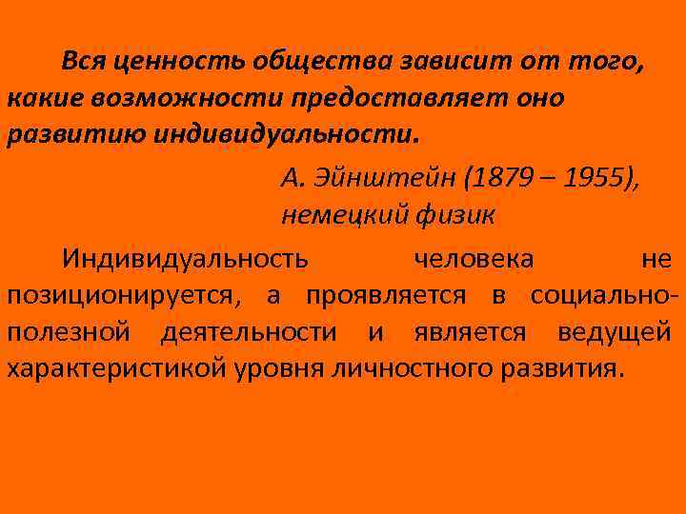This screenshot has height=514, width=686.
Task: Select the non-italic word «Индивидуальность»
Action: pos(185,258)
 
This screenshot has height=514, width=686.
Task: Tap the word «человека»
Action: pos(474,258)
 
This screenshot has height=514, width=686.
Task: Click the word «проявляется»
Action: pos(386,295)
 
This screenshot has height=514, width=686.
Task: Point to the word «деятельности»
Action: pos(249,332)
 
